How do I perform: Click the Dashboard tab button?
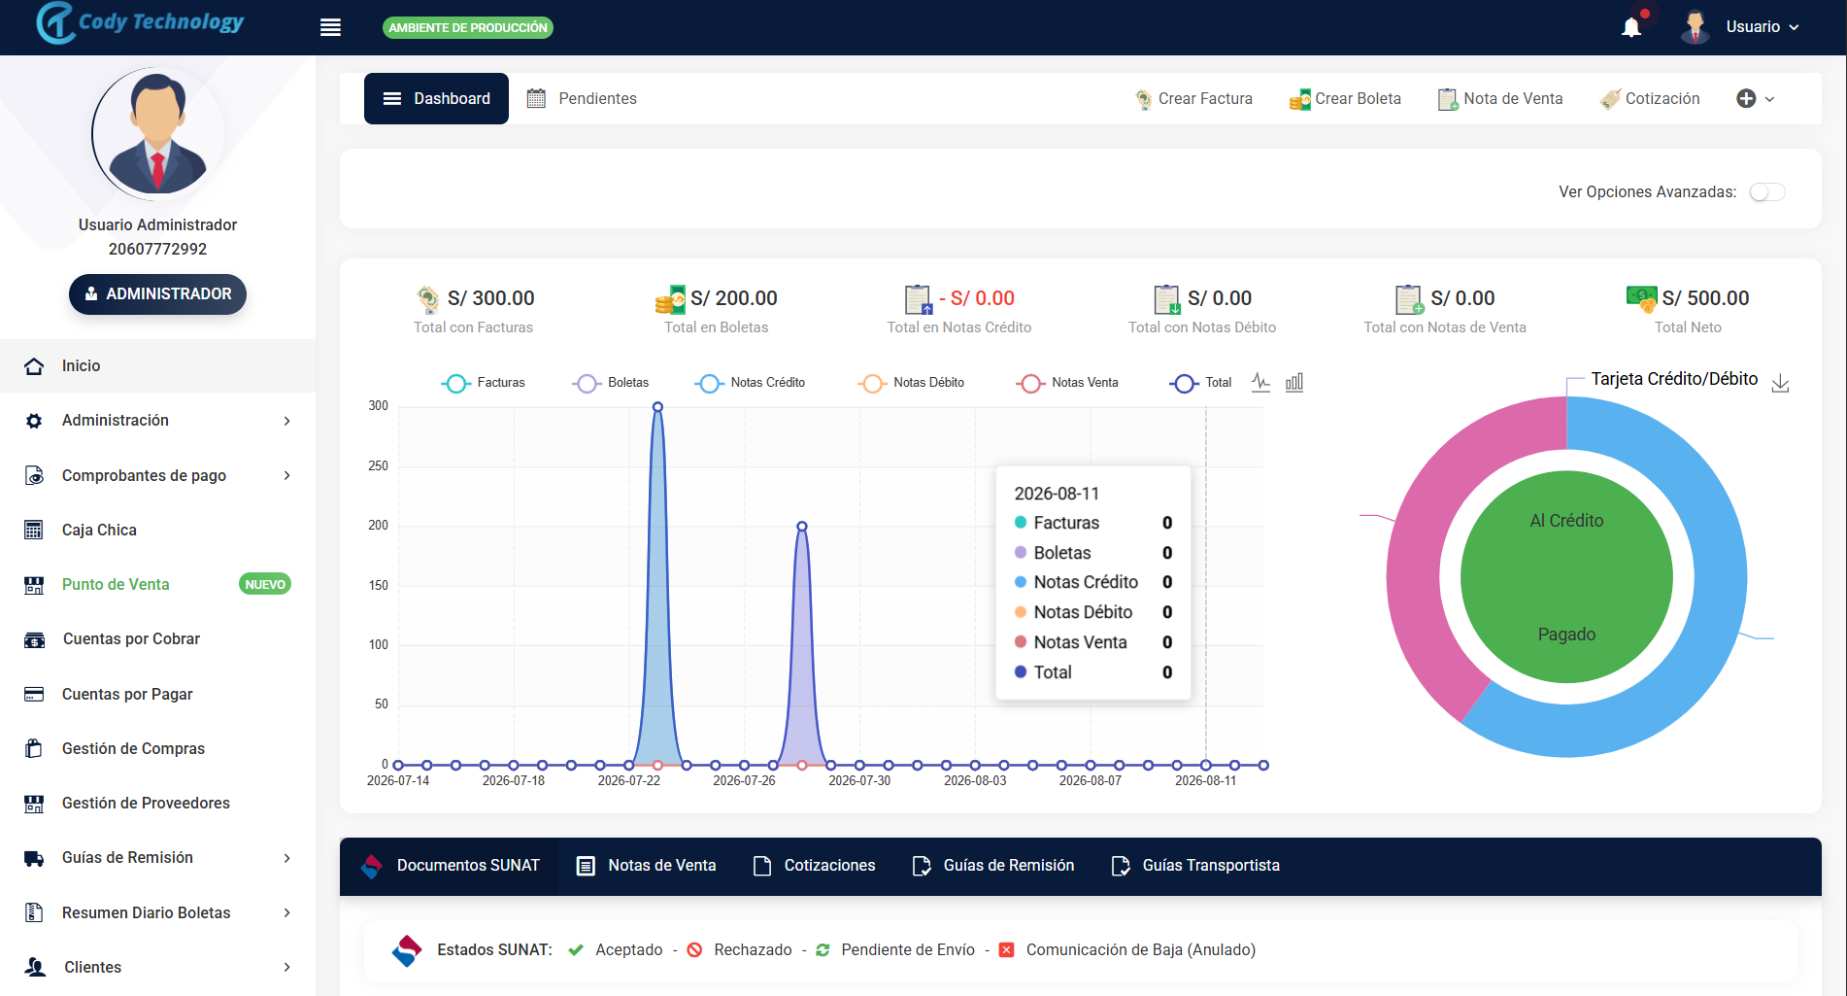tap(436, 98)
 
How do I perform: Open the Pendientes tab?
tap(582, 98)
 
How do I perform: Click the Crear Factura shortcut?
tap(1193, 98)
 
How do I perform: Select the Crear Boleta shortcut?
tap(1345, 98)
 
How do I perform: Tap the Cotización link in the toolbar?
tap(1650, 98)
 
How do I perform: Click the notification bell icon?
tap(1631, 27)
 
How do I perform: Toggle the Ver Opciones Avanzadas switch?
tap(1767, 192)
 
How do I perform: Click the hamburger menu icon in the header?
tap(330, 27)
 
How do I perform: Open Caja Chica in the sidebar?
tap(99, 530)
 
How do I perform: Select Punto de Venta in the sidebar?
tap(116, 584)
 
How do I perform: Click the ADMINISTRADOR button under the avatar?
tap(157, 293)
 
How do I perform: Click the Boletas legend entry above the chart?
tap(611, 383)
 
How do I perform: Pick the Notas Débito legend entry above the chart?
tap(911, 383)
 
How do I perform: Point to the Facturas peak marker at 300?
tap(657, 407)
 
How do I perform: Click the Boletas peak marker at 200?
tap(802, 526)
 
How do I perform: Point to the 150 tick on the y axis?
tap(378, 585)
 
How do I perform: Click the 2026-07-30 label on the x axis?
tap(859, 780)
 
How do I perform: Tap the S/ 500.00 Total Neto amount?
tap(1705, 298)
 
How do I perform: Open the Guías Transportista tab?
tap(1195, 866)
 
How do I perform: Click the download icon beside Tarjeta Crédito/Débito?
tap(1780, 383)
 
